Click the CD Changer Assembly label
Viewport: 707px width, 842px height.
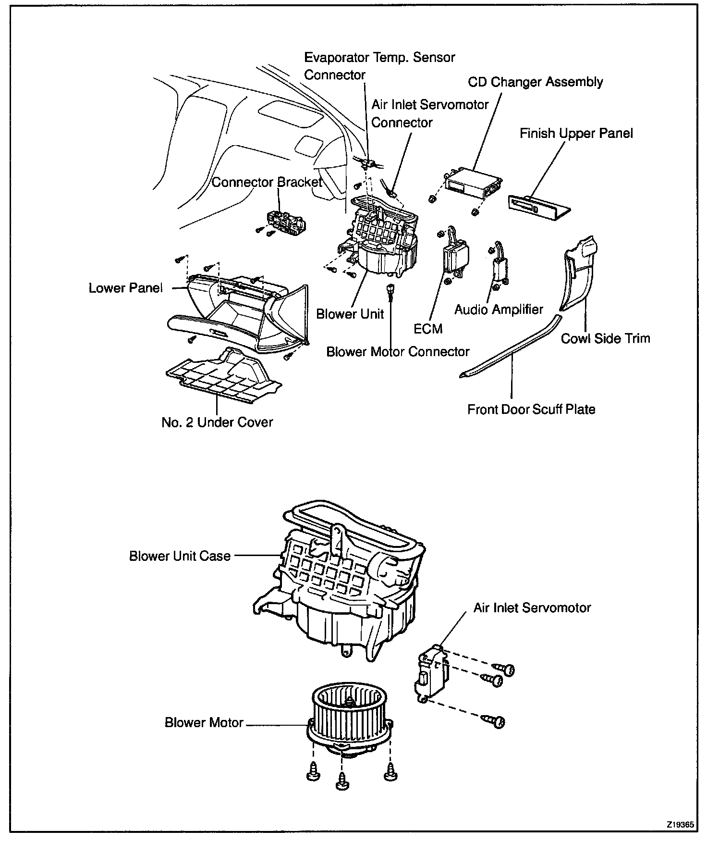535,82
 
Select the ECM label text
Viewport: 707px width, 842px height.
427,329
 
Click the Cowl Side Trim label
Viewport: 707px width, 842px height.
605,338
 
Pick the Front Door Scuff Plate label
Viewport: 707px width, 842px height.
531,409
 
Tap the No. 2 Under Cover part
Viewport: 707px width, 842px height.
223,377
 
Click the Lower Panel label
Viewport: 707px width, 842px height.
126,288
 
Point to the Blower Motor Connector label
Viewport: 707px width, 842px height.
398,352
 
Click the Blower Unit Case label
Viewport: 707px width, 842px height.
180,556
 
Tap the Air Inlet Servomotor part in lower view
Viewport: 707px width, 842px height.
431,673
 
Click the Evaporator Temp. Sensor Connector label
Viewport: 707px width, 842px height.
379,66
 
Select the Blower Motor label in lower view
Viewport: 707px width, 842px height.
204,723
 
